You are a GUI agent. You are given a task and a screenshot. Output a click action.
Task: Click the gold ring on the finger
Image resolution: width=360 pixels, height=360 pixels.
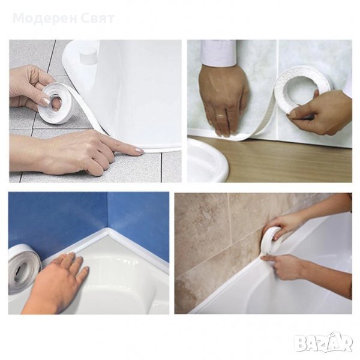click(x=222, y=115)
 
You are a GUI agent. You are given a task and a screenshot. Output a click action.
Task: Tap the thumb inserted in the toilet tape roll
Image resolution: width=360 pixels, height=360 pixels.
click(x=55, y=105)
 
